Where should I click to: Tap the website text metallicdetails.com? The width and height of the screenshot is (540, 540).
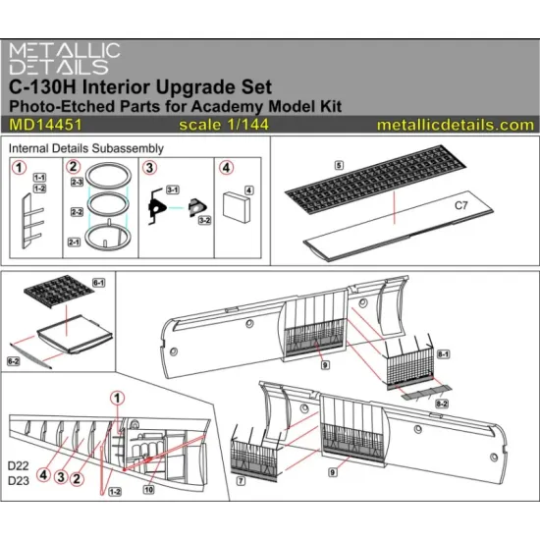455,125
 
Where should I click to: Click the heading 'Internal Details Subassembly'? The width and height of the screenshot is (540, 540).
85,147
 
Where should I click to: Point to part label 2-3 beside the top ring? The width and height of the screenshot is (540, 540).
76,183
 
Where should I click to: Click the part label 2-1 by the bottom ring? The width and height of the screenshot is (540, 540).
76,242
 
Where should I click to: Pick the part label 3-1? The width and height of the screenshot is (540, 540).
171,188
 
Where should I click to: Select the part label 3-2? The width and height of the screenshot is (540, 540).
205,223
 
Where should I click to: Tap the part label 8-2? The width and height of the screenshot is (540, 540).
443,404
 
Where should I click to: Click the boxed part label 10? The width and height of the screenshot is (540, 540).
148,488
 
